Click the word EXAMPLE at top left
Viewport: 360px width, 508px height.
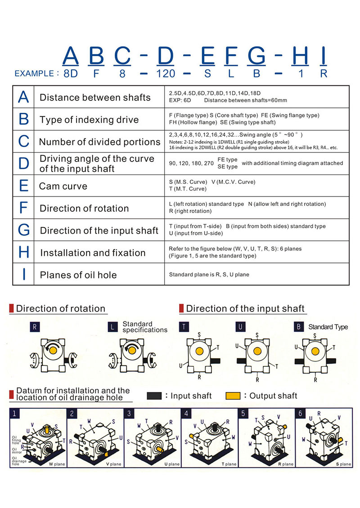pyautogui.click(x=35, y=74)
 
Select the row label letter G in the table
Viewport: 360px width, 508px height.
pyautogui.click(x=24, y=230)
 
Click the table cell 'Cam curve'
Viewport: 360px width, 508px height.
pyautogui.click(x=63, y=186)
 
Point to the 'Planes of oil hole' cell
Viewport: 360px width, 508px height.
pyautogui.click(x=78, y=275)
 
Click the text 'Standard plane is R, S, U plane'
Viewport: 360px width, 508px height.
pyautogui.click(x=209, y=274)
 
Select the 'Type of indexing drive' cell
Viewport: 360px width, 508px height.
pyautogui.click(x=89, y=120)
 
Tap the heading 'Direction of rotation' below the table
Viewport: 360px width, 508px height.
pyautogui.click(x=60, y=309)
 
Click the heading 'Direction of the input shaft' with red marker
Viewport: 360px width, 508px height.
pyautogui.click(x=245, y=309)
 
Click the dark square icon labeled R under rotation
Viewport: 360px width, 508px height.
pyautogui.click(x=35, y=326)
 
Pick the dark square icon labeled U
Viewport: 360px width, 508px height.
pyautogui.click(x=241, y=326)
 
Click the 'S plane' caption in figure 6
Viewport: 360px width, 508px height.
pyautogui.click(x=343, y=463)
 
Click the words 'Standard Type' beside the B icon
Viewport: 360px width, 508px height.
pyautogui.click(x=328, y=327)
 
